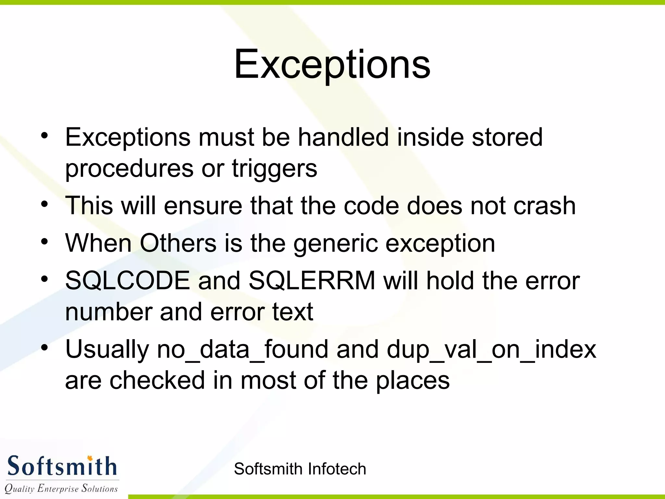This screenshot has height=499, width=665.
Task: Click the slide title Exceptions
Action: click(332, 64)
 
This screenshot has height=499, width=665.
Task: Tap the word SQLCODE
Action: click(127, 281)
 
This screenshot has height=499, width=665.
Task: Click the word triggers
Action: click(274, 169)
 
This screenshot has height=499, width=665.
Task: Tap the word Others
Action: click(178, 243)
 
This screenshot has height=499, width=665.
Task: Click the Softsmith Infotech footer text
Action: click(300, 469)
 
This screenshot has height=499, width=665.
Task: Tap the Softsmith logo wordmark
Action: click(62, 466)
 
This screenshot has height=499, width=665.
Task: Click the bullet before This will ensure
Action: click(44, 205)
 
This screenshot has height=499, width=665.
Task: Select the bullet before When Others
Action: click(44, 242)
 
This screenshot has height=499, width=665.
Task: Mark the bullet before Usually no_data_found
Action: click(44, 348)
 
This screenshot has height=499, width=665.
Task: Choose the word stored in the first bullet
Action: click(507, 137)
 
